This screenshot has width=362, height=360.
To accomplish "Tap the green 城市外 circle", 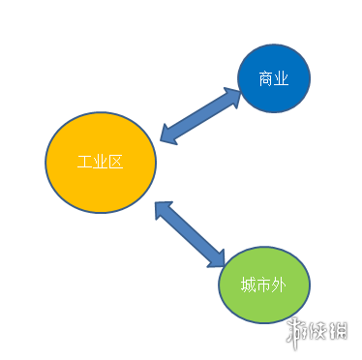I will (263, 284).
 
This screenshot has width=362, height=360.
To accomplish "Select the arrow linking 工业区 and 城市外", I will (190, 233).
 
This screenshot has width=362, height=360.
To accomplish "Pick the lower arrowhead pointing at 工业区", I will (163, 209).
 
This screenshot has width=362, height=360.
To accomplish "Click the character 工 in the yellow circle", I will (84, 162).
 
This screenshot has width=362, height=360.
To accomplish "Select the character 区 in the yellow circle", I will (115, 162).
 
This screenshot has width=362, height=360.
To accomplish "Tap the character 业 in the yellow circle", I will (100, 162).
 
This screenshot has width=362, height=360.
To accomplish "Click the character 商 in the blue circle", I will (267, 78).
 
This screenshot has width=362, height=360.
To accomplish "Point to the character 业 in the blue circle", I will (282, 78).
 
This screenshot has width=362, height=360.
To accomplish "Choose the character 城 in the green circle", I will (249, 284).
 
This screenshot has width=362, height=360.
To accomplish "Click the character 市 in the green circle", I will (263, 284).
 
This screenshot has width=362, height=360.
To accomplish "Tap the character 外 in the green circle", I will (278, 284).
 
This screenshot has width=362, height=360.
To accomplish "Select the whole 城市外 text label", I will (263, 284).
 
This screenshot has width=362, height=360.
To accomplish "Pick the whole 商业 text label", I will (274, 78).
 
